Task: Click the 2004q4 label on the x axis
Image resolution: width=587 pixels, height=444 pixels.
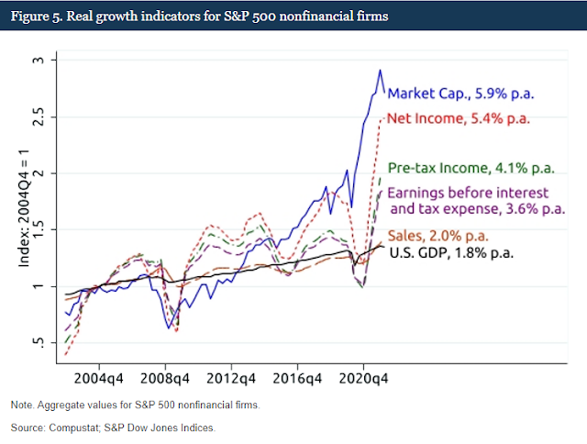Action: [99, 377]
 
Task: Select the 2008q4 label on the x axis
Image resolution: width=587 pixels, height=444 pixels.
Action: [165, 377]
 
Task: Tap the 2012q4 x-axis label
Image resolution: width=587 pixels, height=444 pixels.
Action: [231, 377]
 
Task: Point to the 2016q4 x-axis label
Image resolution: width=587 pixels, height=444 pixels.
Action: [297, 377]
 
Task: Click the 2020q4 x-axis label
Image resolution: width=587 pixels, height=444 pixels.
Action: [363, 377]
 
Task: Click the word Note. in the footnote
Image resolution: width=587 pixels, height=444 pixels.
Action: [22, 405]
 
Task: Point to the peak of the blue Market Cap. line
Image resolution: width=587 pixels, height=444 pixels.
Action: [381, 70]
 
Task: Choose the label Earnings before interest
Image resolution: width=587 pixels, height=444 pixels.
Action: [468, 194]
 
